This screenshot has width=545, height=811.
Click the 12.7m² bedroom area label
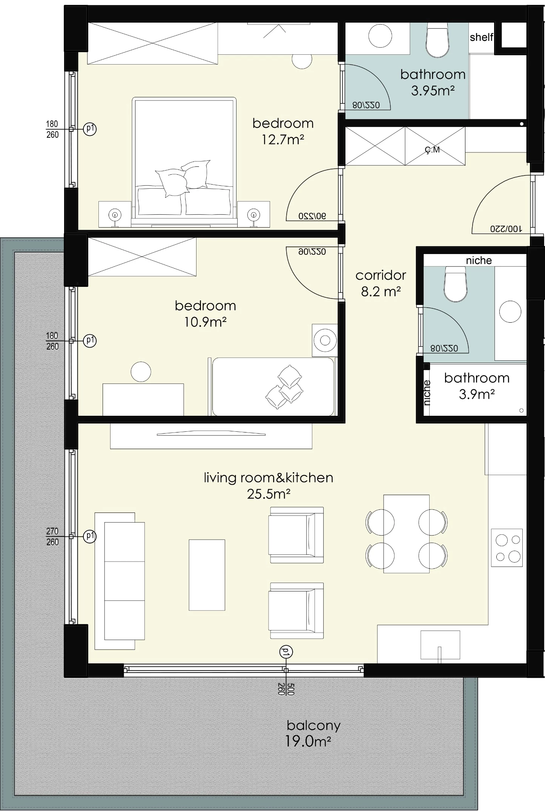coord(283,131)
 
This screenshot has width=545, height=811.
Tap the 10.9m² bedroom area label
coord(206,314)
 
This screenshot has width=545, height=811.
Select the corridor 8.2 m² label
coord(381,283)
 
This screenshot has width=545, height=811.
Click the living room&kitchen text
coord(269,477)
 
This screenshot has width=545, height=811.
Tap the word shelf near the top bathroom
coord(482,37)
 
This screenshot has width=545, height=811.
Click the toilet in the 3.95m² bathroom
coord(438,40)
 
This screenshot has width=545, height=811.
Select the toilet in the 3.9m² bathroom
coord(456,284)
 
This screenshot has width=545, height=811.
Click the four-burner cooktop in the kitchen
coord(507,548)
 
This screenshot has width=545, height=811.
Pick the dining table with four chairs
coord(406,534)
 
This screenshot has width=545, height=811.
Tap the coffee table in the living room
coord(207,575)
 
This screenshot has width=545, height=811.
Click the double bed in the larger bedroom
coord(184,162)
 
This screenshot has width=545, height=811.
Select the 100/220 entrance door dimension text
coord(506,228)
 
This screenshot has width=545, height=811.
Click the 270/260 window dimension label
coord(52,536)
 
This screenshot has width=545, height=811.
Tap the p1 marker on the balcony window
coord(286,652)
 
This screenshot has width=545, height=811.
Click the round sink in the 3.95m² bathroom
coord(380,36)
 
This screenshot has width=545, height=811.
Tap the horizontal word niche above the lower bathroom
coord(479,260)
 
